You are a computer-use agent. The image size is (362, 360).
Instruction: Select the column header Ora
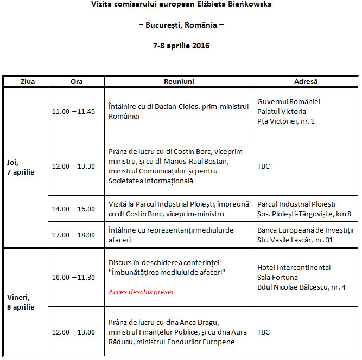click(77, 82)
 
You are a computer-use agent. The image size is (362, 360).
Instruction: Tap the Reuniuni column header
click(179, 82)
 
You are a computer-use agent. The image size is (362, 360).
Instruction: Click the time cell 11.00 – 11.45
click(73, 112)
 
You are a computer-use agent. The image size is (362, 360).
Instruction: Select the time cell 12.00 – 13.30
click(73, 166)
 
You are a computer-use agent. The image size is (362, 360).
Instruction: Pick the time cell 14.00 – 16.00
click(73, 209)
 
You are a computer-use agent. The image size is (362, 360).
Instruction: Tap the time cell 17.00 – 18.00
click(73, 235)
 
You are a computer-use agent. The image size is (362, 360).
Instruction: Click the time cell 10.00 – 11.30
click(73, 277)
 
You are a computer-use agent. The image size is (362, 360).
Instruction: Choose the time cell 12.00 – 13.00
click(73, 332)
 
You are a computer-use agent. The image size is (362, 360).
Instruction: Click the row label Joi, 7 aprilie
click(21, 167)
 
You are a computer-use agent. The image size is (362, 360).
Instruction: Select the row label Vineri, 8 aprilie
click(21, 302)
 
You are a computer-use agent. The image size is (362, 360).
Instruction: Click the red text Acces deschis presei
click(141, 292)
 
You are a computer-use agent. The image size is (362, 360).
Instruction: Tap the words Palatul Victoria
click(281, 111)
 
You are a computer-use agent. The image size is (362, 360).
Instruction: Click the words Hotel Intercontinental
click(294, 267)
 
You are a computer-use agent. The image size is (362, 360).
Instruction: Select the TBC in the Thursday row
click(263, 166)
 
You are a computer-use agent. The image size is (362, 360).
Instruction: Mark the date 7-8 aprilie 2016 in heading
click(181, 46)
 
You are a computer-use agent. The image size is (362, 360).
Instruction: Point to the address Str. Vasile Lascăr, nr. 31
click(295, 240)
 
